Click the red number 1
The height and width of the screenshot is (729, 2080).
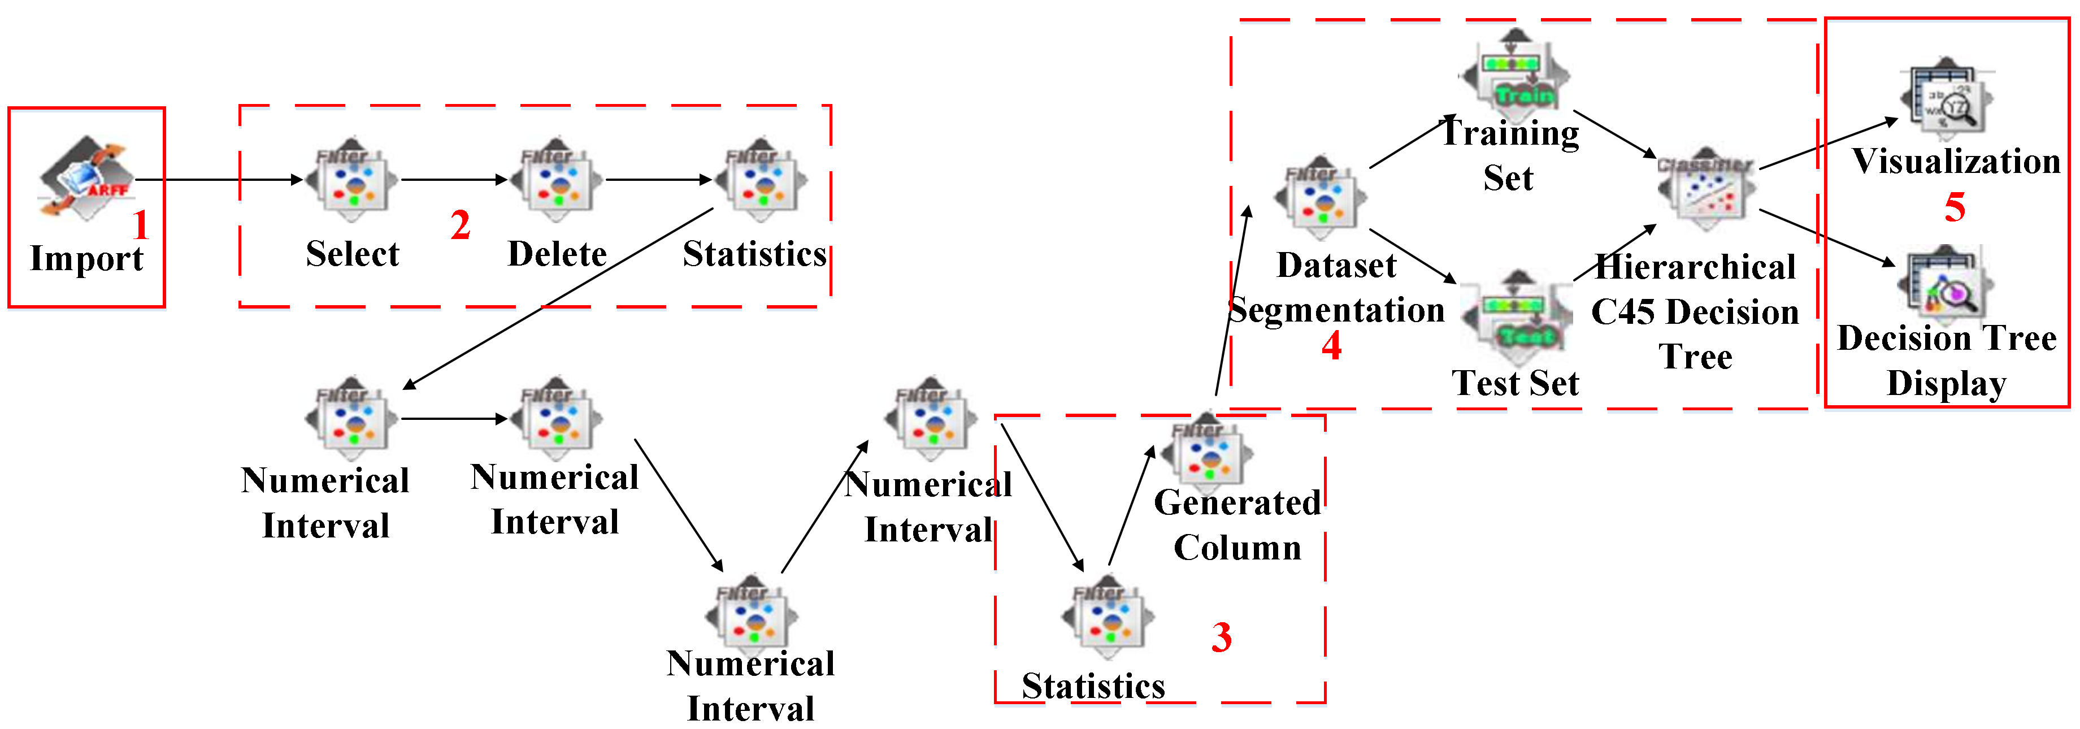(141, 224)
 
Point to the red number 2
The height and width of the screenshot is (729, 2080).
(461, 224)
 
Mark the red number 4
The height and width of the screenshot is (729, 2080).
(1331, 345)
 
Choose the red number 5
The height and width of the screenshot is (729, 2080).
(1954, 207)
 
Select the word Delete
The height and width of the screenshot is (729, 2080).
(557, 254)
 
